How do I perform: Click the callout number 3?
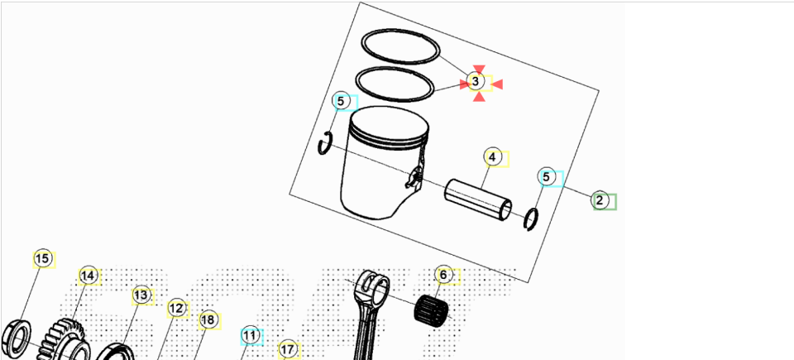(476, 81)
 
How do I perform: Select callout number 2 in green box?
(600, 200)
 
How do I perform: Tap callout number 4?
(492, 157)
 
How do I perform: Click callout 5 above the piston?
(341, 102)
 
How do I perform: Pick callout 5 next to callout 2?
(546, 177)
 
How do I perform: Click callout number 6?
(443, 275)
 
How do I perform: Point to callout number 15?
(42, 259)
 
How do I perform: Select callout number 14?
(88, 276)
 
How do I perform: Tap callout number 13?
(141, 295)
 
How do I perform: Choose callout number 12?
(176, 309)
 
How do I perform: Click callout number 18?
(208, 320)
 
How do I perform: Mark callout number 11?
(249, 336)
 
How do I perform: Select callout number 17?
(287, 350)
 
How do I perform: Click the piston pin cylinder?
(478, 199)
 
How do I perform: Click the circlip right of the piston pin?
(531, 219)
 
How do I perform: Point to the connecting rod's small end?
(374, 289)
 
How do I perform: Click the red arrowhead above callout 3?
(479, 70)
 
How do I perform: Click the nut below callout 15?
(17, 338)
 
